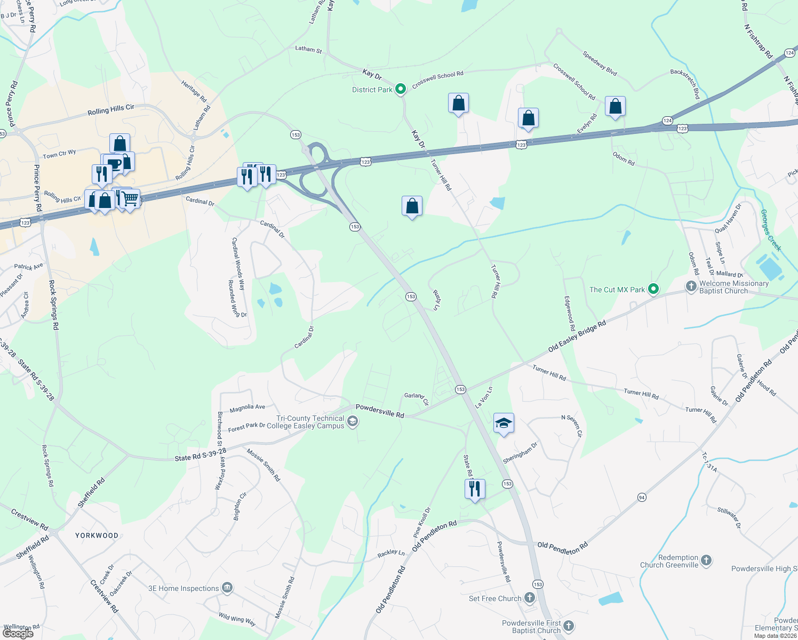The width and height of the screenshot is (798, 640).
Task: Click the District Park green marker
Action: pos(401,89)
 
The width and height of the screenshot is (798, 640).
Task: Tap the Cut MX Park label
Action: pos(617,290)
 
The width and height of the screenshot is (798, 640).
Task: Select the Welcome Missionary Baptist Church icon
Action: pos(691,286)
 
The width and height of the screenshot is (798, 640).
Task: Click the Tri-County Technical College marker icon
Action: pos(352,422)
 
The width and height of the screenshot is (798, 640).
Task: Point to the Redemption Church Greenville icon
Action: pos(706,560)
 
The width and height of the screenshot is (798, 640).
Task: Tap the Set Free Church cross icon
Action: pos(530,598)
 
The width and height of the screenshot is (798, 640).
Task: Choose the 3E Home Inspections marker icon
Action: pos(227,588)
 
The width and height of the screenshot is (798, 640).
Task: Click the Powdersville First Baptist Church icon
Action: pos(569,626)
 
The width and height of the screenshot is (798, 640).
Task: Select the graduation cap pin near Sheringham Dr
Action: pos(504,423)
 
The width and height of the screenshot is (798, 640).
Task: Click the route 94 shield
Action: pos(642,497)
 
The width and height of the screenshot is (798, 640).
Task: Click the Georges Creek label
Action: pos(770,230)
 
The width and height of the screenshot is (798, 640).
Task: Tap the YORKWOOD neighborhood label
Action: pos(97,535)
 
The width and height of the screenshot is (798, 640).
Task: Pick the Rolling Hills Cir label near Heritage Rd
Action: pos(111,110)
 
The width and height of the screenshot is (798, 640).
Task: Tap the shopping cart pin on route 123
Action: pos(130,199)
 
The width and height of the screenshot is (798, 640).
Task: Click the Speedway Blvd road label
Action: pos(600,63)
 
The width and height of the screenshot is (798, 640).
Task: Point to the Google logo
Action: pos(18,633)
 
